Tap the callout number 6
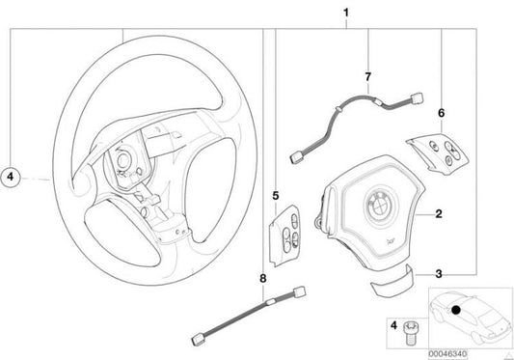[441, 112]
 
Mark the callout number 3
[438, 273]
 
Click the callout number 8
[261, 280]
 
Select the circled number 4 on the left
[10, 177]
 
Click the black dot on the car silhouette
[453, 309]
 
